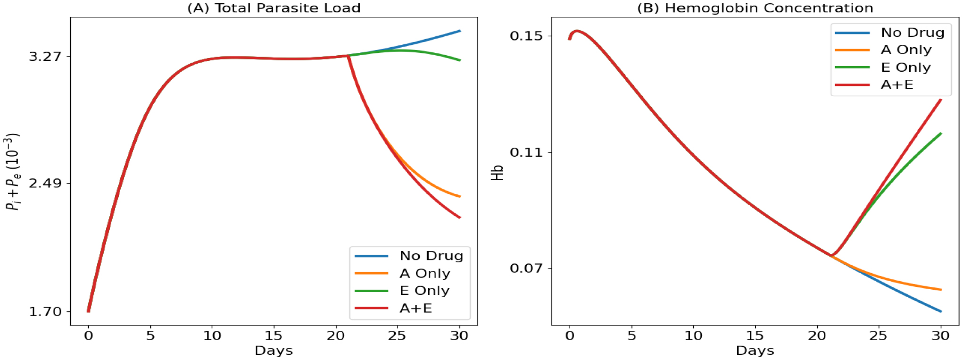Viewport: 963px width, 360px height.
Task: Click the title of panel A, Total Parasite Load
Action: (x=274, y=8)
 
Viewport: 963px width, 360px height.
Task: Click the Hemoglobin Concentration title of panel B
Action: (x=755, y=8)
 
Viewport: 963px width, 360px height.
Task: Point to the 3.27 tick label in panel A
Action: (x=45, y=57)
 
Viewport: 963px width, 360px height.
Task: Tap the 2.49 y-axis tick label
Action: (x=45, y=183)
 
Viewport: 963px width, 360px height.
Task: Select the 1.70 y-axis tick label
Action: (x=45, y=311)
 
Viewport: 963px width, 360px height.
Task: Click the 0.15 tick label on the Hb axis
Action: (x=526, y=36)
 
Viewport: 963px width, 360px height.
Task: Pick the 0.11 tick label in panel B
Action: (x=526, y=152)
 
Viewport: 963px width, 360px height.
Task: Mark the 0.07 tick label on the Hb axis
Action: (x=526, y=268)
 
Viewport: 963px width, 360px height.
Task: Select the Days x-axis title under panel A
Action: (x=274, y=351)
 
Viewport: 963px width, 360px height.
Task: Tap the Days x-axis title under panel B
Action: (x=755, y=351)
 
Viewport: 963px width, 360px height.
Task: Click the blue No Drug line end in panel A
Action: (x=459, y=31)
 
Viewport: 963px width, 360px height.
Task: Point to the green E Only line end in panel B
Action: (x=941, y=134)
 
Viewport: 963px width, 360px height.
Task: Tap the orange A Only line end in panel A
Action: (x=459, y=196)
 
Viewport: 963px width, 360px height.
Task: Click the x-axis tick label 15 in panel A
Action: (x=274, y=335)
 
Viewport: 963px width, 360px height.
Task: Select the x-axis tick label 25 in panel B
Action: (x=878, y=335)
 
